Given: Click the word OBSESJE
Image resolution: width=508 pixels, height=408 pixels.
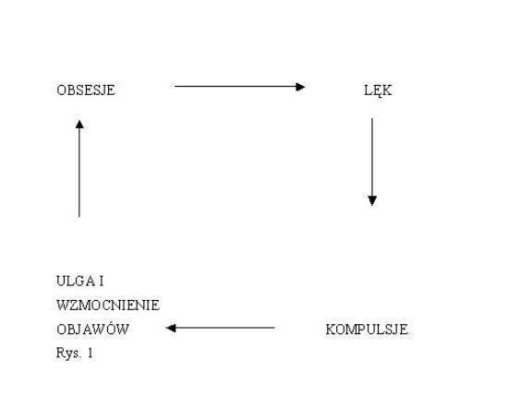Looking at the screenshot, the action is [86, 90].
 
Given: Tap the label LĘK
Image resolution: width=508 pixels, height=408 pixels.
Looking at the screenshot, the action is [378, 90].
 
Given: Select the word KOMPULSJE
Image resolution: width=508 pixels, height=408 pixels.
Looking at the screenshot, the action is [367, 330].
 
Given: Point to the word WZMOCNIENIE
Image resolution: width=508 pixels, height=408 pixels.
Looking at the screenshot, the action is [108, 305].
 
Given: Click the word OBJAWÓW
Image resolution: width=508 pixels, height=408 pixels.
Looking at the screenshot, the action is [92, 329].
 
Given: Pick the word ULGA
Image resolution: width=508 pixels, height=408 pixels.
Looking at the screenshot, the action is [76, 281].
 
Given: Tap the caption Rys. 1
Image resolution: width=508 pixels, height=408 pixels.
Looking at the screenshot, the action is [75, 353].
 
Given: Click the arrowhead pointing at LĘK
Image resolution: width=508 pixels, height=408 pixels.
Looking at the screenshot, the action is [300, 87].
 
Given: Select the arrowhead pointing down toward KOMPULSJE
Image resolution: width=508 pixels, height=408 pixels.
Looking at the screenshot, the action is [372, 200].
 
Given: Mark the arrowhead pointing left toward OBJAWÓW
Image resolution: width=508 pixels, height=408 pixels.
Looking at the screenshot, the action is [171, 328].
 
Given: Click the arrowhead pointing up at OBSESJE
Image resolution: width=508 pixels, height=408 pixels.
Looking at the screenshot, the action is [79, 125].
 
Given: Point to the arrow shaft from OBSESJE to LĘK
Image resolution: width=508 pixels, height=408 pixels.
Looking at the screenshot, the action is [240, 87].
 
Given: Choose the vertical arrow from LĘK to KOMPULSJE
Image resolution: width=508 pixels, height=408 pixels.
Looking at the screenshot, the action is [372, 162].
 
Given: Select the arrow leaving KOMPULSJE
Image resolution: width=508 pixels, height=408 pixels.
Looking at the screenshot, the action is [221, 328].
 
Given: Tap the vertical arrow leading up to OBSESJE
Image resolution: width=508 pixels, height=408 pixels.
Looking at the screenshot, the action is [79, 168].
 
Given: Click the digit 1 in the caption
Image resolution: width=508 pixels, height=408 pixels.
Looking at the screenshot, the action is [91, 353].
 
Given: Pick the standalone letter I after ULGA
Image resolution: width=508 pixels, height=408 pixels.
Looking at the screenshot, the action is [102, 281].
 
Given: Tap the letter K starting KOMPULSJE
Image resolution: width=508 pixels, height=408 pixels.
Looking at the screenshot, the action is [330, 330].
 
